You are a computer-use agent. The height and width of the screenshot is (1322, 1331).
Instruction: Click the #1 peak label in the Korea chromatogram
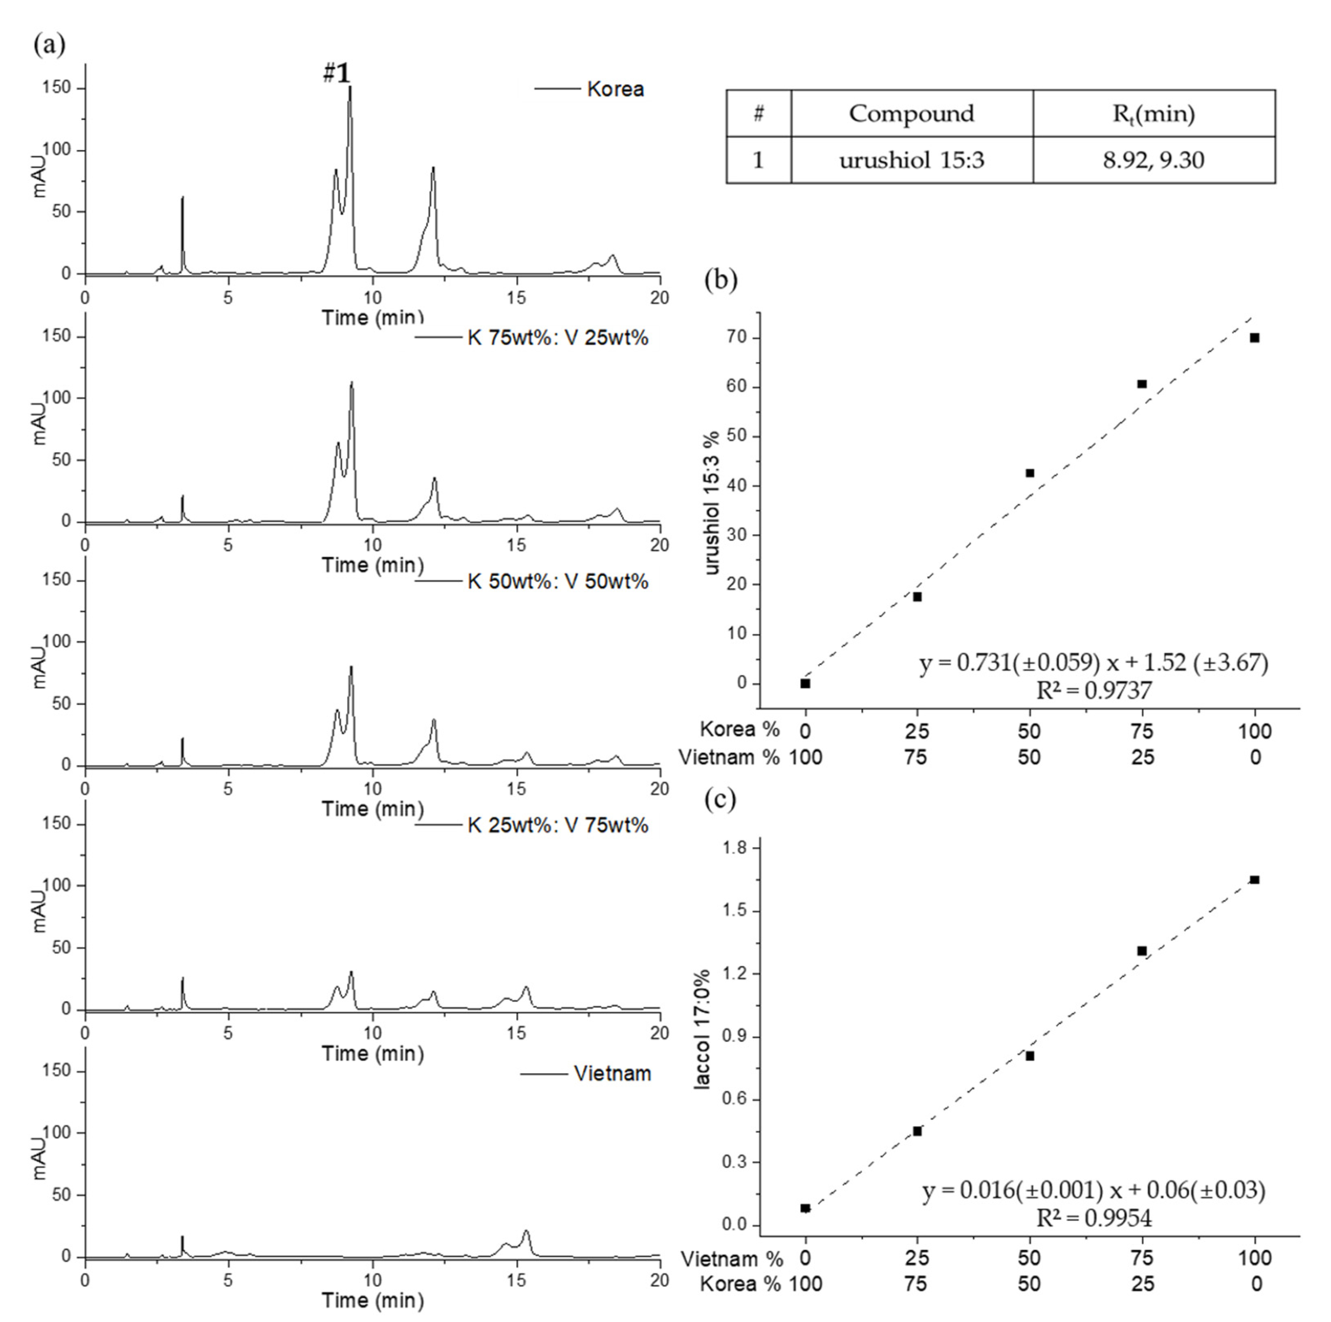pyautogui.click(x=337, y=73)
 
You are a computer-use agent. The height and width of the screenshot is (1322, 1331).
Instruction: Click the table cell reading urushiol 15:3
pyautogui.click(x=911, y=160)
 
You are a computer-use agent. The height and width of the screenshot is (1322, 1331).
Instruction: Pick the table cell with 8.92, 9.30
pyautogui.click(x=1153, y=160)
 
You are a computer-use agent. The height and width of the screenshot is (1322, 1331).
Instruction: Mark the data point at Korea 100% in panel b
pyautogui.click(x=1255, y=338)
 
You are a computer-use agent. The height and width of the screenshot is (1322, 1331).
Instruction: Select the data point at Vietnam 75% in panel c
pyautogui.click(x=1141, y=951)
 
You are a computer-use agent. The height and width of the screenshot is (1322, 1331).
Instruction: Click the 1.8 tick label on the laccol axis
pyautogui.click(x=736, y=848)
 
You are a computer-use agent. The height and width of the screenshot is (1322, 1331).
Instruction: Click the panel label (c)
pyautogui.click(x=720, y=799)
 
